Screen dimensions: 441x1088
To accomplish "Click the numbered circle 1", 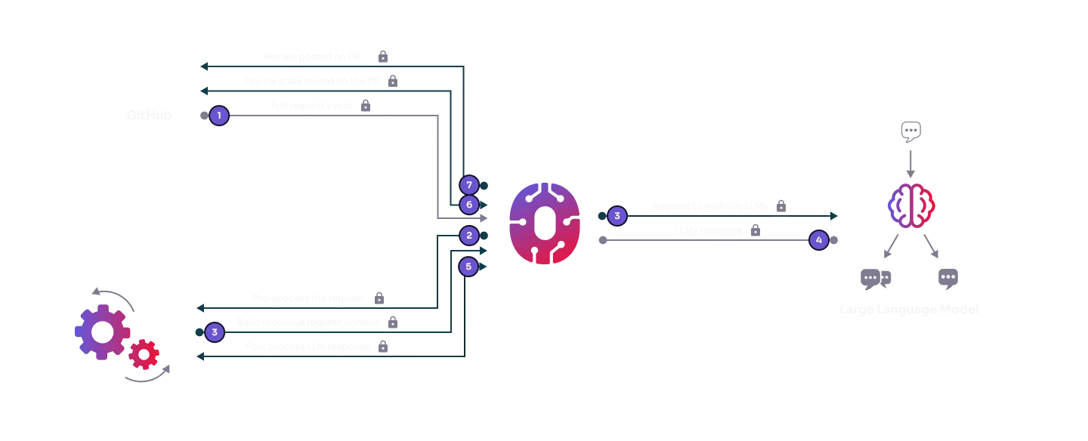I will pyautogui.click(x=218, y=116).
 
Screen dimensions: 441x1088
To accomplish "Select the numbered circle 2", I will pyautogui.click(x=468, y=236).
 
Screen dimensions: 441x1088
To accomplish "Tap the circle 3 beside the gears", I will pyautogui.click(x=215, y=332).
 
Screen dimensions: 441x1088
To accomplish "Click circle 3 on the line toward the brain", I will pyautogui.click(x=617, y=216).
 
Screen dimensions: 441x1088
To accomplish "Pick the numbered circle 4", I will pyautogui.click(x=818, y=240).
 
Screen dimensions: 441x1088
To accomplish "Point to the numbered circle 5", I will pyautogui.click(x=468, y=266).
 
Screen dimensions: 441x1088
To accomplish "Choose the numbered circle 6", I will pyautogui.click(x=468, y=205).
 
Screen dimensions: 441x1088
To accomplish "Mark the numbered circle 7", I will pyautogui.click(x=468, y=185).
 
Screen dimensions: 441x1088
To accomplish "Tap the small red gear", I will pyautogui.click(x=144, y=353).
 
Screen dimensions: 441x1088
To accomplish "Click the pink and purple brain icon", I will pyautogui.click(x=912, y=205).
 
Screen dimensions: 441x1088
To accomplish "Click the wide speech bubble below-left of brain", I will pyautogui.click(x=876, y=278).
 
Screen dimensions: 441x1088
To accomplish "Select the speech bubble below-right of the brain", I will pyautogui.click(x=948, y=278).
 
